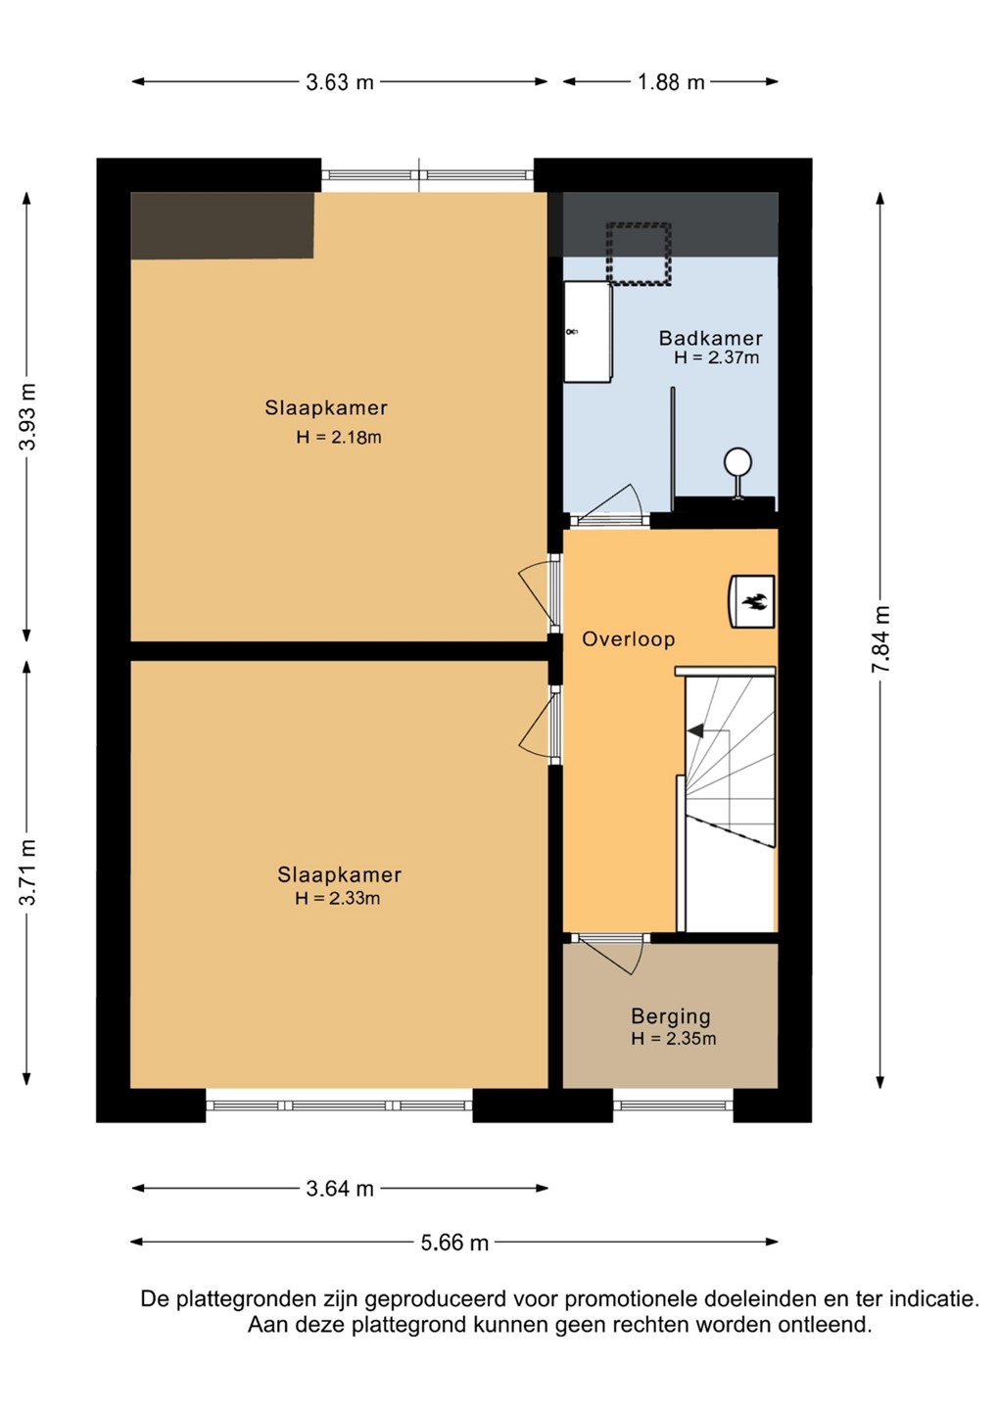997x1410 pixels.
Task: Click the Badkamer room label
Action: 710,338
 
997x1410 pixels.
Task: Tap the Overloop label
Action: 628,638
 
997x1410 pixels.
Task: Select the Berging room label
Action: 670,1016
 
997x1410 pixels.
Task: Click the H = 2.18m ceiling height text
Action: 339,437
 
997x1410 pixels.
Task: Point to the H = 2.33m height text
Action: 337,898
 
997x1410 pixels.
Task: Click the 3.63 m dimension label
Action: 340,82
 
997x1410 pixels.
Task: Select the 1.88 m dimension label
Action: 671,82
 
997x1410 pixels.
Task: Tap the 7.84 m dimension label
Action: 880,638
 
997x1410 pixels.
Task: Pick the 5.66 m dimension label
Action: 454,1243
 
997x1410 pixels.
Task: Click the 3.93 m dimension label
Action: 27,417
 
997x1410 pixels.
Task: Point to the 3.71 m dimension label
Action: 27,872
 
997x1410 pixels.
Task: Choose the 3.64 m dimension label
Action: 340,1189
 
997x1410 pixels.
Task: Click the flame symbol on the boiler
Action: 753,601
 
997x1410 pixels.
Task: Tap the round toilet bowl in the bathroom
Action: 737,462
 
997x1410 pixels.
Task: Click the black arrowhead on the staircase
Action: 695,730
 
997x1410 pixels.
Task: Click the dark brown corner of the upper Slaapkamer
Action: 221,225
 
